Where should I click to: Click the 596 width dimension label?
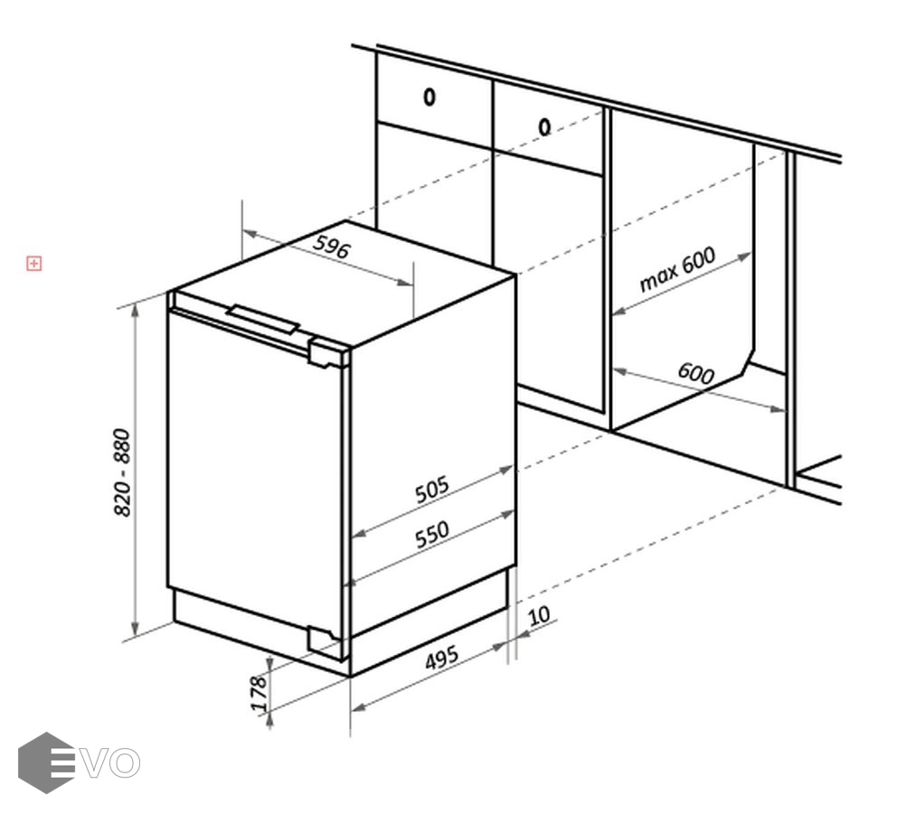(332, 246)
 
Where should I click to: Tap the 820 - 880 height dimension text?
(122, 472)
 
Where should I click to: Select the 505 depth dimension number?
(431, 489)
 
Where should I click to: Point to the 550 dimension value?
(431, 535)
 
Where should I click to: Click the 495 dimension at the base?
(442, 658)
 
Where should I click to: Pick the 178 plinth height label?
(259, 694)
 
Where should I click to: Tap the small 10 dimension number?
(539, 615)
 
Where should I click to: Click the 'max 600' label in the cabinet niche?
(677, 269)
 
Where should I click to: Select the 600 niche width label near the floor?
(696, 373)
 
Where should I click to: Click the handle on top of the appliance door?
(262, 320)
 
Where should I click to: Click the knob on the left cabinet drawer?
(430, 97)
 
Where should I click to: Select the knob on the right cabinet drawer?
(544, 126)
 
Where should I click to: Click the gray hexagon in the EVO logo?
(46, 762)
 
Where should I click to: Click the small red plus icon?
(34, 264)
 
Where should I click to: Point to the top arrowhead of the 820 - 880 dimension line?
(135, 311)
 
